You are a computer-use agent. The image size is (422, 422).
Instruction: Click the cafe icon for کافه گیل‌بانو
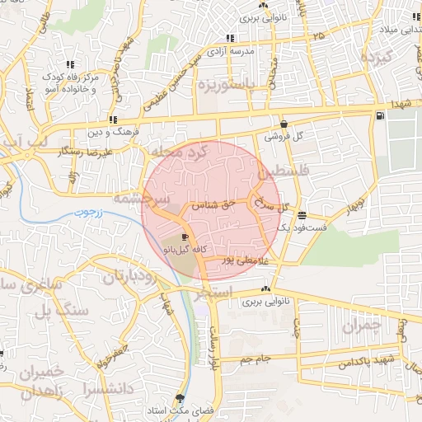point(184,237)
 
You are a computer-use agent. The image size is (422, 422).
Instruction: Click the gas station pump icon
point(378,115)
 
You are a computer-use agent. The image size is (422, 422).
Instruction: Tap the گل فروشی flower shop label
point(284,137)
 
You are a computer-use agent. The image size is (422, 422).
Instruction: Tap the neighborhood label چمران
point(361,326)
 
